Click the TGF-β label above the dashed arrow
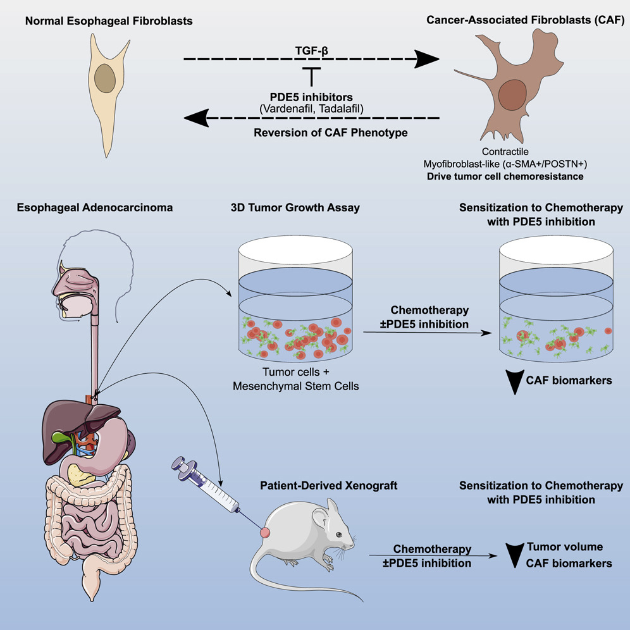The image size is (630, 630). click(312, 47)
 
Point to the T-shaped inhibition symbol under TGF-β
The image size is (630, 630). click(311, 76)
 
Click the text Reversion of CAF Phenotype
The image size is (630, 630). click(312, 133)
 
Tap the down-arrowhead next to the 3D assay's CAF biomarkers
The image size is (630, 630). click(510, 381)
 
